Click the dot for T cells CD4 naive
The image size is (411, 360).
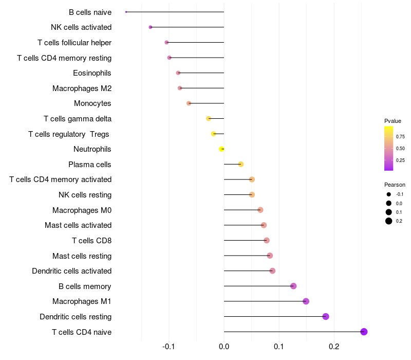point(364,332)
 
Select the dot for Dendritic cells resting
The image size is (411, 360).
point(326,316)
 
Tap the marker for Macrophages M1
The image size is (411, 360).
point(306,301)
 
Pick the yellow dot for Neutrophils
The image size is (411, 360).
point(222,149)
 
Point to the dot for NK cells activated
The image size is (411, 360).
point(151,27)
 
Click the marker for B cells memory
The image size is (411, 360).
point(293,286)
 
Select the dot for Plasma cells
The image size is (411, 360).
point(240,165)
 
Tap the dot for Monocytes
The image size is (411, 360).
point(189,103)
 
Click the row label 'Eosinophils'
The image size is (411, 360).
point(92,73)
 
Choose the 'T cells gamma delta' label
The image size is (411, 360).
point(78,119)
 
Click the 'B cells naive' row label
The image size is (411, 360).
point(90,12)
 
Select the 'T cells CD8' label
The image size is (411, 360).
point(91,240)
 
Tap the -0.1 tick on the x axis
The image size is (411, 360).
point(169,347)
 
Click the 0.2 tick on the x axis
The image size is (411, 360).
point(334,347)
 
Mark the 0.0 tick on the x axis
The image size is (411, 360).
point(224,347)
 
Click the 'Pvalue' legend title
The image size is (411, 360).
point(393,121)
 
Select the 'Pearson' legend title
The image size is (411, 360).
point(395,185)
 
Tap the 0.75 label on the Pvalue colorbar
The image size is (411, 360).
point(400,136)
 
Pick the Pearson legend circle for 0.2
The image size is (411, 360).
point(389,221)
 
